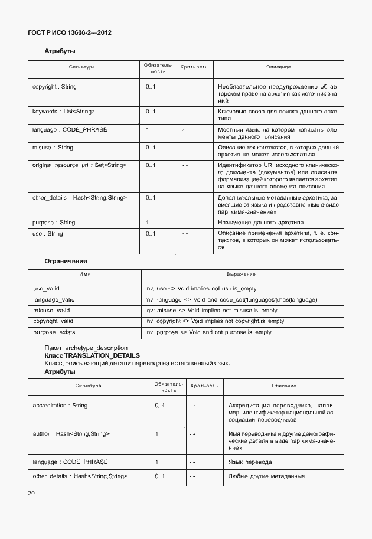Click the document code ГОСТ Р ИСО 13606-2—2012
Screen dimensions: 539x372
(x=70, y=32)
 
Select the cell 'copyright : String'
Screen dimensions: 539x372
(x=54, y=87)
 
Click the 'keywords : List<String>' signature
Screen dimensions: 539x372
(x=63, y=111)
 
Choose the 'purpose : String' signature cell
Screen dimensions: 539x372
(x=54, y=223)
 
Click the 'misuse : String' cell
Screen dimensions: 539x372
(x=53, y=148)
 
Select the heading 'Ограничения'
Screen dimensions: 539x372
(x=66, y=260)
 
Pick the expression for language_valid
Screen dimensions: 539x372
(x=231, y=300)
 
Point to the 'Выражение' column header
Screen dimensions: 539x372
(x=241, y=275)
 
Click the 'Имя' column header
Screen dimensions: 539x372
(x=84, y=275)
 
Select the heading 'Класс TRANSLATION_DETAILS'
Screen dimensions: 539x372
(x=92, y=355)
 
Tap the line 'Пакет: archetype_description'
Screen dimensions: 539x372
(x=86, y=348)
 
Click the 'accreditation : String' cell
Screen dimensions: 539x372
(x=60, y=406)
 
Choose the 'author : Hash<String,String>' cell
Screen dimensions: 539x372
(x=71, y=434)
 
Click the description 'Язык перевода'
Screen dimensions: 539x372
(x=250, y=462)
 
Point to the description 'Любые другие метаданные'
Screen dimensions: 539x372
(x=266, y=476)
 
